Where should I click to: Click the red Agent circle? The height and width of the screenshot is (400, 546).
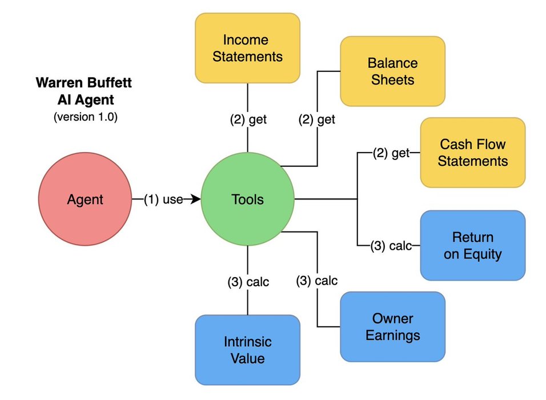(85, 199)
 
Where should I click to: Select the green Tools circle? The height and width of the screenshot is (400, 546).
(248, 199)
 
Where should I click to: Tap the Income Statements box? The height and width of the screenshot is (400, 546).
(248, 48)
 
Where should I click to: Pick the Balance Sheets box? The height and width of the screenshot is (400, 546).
(392, 71)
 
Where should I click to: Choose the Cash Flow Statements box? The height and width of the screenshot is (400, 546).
(472, 152)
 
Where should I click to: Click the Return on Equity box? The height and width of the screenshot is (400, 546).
(472, 245)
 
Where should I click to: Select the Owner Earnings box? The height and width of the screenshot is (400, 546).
(392, 326)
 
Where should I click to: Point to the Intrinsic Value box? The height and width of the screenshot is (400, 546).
(248, 350)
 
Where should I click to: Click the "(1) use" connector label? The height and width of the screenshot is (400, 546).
(163, 199)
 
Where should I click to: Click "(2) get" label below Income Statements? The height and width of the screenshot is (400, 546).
(248, 120)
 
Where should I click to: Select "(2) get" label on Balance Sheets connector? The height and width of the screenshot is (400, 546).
(316, 120)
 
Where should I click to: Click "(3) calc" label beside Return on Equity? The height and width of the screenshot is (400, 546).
(391, 246)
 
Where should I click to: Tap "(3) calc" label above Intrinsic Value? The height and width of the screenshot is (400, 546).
(248, 282)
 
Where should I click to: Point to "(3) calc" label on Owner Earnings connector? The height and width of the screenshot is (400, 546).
(317, 281)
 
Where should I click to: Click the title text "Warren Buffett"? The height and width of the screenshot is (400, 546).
(84, 83)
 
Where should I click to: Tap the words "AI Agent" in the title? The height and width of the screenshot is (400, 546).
(84, 100)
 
